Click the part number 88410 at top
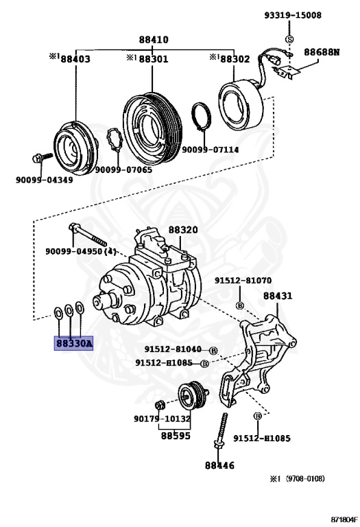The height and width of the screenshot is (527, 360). (x=154, y=40)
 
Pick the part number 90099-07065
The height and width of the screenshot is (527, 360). (x=123, y=169)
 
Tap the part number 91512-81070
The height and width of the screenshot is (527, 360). (x=242, y=281)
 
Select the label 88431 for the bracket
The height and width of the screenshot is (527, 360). (x=278, y=296)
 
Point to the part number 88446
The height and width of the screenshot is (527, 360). (x=219, y=465)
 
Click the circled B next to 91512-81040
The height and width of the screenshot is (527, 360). (x=213, y=350)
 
